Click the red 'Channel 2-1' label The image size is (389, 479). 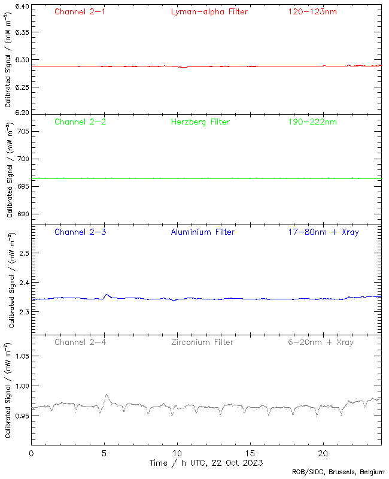coord(80,11)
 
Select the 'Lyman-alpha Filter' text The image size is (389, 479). coord(209,11)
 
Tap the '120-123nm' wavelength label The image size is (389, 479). coord(312,11)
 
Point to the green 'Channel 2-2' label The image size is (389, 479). coord(80,122)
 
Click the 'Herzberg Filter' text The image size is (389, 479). coord(200,122)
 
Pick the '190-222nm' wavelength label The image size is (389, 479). coord(312,122)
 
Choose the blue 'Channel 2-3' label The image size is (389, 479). coord(80,232)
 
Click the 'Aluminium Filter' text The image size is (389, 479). coord(203,232)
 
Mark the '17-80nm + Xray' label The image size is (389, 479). coord(323,232)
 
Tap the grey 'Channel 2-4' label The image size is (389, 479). coord(80,342)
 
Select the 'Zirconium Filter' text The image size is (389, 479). coord(203,342)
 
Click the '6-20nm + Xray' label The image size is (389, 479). coord(320,342)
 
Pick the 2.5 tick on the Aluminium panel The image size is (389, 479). coord(23,254)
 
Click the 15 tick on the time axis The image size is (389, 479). coord(250,453)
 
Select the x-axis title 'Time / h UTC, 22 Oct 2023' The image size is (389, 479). coord(206,463)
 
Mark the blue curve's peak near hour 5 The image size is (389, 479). coord(107,294)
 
